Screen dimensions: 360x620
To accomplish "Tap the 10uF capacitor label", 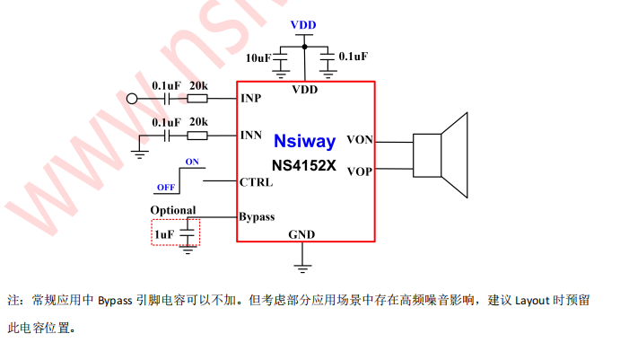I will (x=258, y=58).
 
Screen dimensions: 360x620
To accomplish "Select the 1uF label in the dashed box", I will (x=163, y=234).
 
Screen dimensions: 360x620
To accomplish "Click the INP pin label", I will (x=252, y=98).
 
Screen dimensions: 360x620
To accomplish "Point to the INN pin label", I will (x=252, y=136).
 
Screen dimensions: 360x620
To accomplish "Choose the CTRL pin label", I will (x=257, y=181).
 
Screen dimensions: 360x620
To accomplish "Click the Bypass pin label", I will (x=257, y=216).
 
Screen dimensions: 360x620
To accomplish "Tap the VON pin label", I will (x=360, y=139).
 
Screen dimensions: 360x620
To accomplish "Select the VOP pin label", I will (x=360, y=171).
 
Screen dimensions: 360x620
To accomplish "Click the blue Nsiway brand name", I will (x=305, y=141).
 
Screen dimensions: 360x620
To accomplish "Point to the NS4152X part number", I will (x=304, y=165).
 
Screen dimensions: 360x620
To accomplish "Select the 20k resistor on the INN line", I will (x=196, y=136).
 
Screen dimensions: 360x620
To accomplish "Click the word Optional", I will (x=172, y=210).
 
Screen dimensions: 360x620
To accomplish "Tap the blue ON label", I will (x=192, y=162).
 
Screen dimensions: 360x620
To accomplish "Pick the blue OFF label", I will (x=165, y=188).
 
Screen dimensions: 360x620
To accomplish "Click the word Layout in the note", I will (x=532, y=300).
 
